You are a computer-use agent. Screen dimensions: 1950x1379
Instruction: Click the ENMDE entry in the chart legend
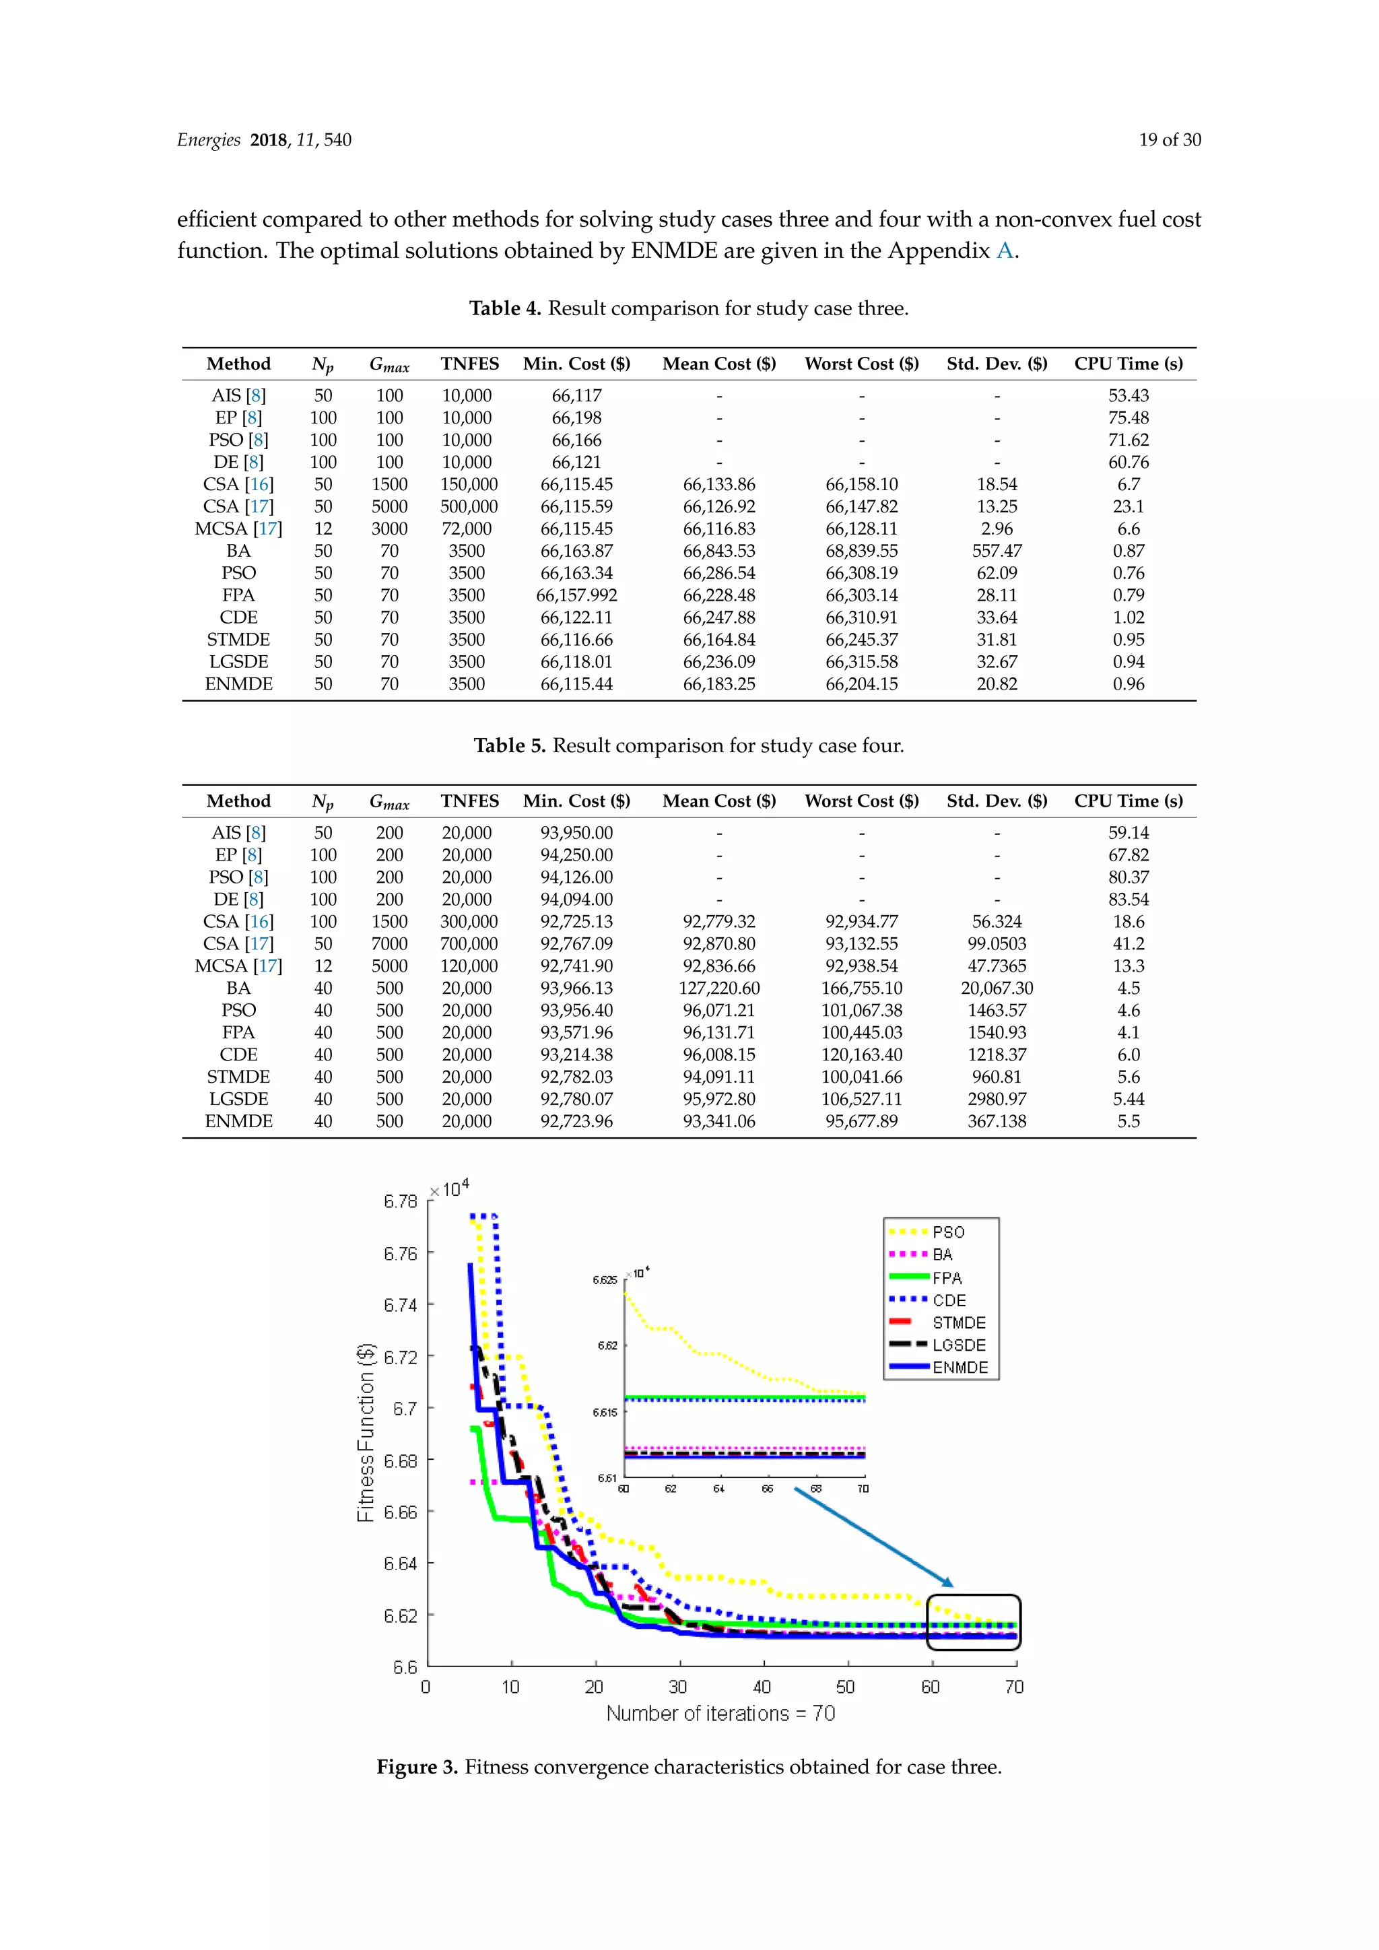(x=960, y=1368)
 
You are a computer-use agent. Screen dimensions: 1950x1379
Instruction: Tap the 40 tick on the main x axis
(x=762, y=1687)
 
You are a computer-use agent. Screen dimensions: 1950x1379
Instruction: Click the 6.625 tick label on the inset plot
(x=605, y=1279)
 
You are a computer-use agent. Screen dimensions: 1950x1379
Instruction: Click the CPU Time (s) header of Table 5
(x=1128, y=800)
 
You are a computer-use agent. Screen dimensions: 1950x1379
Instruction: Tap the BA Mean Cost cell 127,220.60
(x=718, y=988)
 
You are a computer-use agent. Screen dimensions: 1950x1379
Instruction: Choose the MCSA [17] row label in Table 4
(x=238, y=529)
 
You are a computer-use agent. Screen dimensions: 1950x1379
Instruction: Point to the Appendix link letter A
(x=1005, y=250)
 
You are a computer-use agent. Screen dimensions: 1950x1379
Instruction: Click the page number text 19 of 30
(x=1170, y=140)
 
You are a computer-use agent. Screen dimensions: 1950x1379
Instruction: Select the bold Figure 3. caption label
(x=417, y=1768)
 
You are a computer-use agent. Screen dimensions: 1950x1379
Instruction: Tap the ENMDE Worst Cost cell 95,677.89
(x=861, y=1121)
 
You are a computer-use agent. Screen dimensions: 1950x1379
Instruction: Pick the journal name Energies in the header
(x=209, y=140)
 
